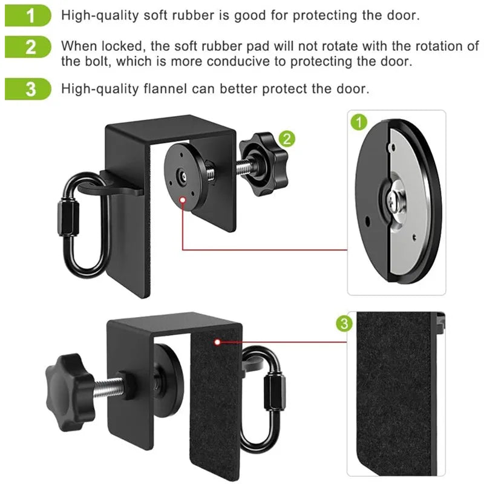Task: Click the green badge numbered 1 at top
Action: [x=28, y=15]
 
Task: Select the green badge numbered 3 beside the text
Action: [x=28, y=88]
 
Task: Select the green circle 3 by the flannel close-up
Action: [x=344, y=324]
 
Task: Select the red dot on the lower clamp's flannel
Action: [x=217, y=342]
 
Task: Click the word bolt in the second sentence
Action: [x=91, y=61]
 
